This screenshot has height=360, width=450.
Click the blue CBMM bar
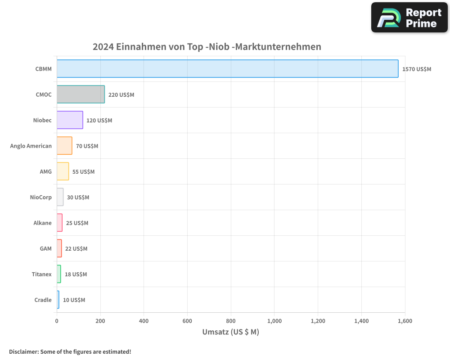227,69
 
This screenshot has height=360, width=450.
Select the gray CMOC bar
81,94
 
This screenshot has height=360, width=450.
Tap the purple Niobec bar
70,120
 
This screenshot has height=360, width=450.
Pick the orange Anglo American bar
64,146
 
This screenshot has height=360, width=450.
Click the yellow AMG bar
63,171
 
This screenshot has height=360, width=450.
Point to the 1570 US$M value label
417,69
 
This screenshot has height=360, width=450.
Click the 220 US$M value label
121,95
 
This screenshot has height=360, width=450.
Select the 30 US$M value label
78,198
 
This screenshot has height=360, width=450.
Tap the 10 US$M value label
74,300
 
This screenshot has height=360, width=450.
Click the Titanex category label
41,274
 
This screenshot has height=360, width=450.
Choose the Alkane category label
42,223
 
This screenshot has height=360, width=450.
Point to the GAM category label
45,248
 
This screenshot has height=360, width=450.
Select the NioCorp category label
40,197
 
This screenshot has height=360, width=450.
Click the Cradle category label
43,300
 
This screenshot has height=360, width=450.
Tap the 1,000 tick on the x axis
274,321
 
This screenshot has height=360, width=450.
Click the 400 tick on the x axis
144,321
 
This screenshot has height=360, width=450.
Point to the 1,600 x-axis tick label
405,321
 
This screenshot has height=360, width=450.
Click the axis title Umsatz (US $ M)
231,332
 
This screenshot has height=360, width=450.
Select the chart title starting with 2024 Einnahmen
207,47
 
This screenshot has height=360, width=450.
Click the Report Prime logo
409,18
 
